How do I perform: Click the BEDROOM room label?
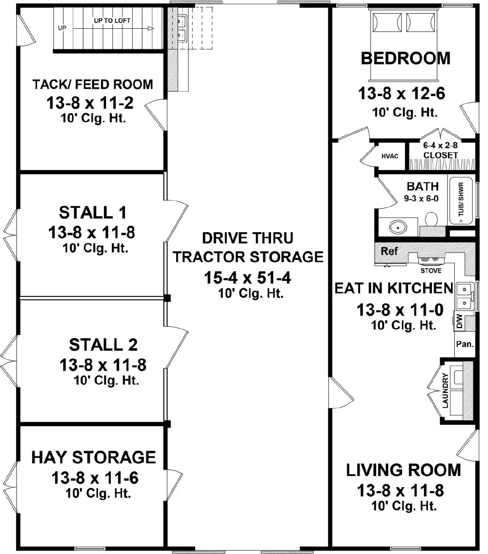pyautogui.click(x=406, y=59)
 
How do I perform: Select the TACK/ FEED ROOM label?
pyautogui.click(x=93, y=84)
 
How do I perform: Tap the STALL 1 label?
pyautogui.click(x=93, y=213)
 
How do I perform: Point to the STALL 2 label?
pyautogui.click(x=103, y=345)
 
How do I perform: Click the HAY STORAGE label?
pyautogui.click(x=94, y=457)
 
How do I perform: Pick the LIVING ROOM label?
pyautogui.click(x=403, y=471)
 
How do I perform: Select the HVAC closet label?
pyautogui.click(x=390, y=156)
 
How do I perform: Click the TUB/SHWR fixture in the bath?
pyautogui.click(x=461, y=200)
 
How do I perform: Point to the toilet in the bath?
pyautogui.click(x=431, y=219)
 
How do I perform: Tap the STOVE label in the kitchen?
pyautogui.click(x=431, y=270)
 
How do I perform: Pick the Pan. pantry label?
pyautogui.click(x=464, y=344)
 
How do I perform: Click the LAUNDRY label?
pyautogui.click(x=445, y=390)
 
